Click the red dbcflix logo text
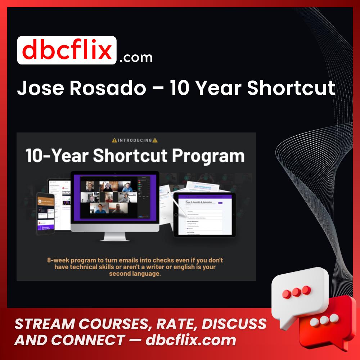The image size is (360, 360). pyautogui.click(x=67, y=50)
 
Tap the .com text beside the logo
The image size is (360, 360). pyautogui.click(x=136, y=57)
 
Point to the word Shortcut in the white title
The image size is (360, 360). pyautogui.click(x=291, y=88)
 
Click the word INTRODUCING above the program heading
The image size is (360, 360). pyautogui.click(x=135, y=140)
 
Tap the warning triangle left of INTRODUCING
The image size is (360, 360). pyautogui.click(x=114, y=140)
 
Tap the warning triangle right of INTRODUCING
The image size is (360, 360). pyautogui.click(x=155, y=140)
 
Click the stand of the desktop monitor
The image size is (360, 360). pyautogui.click(x=114, y=236)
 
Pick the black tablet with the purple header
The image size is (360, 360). pyautogui.click(x=204, y=214)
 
